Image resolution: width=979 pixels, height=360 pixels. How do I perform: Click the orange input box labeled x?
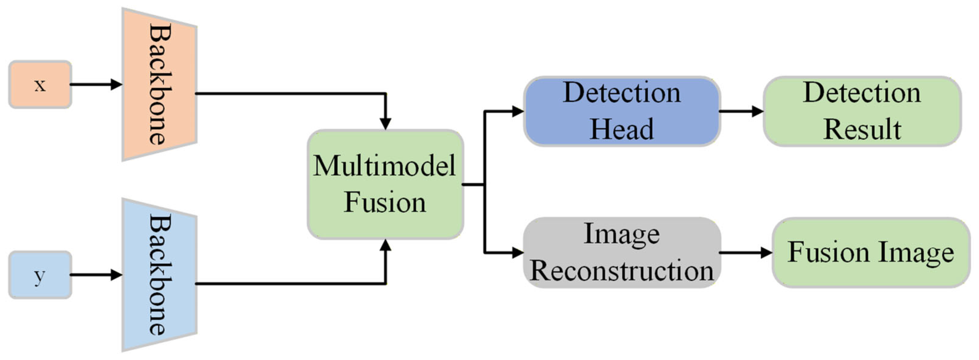tap(40, 84)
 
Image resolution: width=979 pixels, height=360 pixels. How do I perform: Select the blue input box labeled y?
tap(40, 275)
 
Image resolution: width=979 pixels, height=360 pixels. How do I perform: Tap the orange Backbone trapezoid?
tap(159, 84)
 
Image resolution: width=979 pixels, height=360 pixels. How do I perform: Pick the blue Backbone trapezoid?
tap(159, 275)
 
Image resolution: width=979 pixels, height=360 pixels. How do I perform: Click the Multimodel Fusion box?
tap(385, 184)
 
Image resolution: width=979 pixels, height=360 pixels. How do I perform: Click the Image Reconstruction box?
tap(622, 252)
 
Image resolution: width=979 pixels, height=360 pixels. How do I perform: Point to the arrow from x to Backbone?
tap(96, 84)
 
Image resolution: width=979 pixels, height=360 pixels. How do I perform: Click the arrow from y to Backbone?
tap(96, 275)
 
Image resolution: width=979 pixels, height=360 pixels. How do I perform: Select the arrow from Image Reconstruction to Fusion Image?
tap(746, 252)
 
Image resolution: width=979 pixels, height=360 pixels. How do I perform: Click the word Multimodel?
tap(384, 166)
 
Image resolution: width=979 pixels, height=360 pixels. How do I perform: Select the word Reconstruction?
tap(622, 271)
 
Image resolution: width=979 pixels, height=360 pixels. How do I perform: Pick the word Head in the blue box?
tap(622, 129)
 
